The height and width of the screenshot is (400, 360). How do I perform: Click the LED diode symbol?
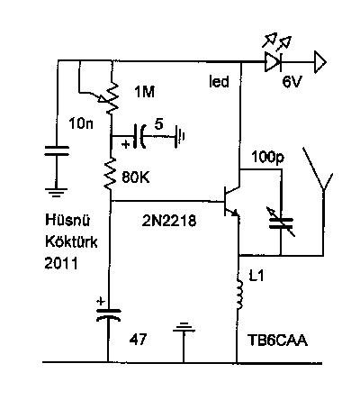(x=273, y=62)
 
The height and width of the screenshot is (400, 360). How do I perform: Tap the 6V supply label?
(x=292, y=81)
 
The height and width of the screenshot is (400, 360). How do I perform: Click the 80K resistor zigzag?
(x=110, y=174)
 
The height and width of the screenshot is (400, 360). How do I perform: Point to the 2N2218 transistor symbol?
(x=231, y=201)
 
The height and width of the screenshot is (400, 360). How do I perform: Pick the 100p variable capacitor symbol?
(x=281, y=223)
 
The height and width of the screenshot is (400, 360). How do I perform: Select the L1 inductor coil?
(x=239, y=295)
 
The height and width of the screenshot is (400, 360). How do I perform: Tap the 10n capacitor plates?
(x=57, y=150)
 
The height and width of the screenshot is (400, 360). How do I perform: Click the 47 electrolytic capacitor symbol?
(x=108, y=314)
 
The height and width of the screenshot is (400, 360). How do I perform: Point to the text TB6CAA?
(x=277, y=341)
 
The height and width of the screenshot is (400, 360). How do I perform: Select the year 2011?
(x=61, y=263)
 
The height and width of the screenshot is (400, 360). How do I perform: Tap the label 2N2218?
(x=169, y=222)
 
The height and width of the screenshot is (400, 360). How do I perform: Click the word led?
(x=219, y=81)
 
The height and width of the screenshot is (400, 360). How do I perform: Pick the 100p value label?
(x=268, y=158)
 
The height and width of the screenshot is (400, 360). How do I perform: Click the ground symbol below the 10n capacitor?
(x=56, y=192)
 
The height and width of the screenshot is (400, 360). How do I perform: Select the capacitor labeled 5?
(x=140, y=136)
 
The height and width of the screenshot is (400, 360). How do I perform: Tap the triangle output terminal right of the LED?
(x=320, y=62)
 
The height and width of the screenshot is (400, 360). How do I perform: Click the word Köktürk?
(x=71, y=241)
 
